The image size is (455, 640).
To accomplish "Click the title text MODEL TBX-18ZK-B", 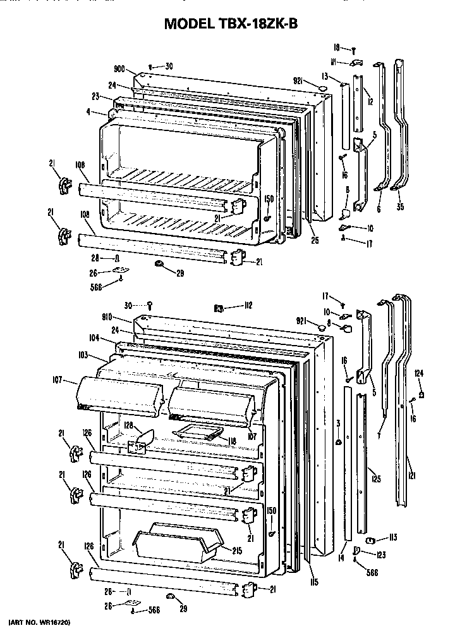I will click(x=231, y=24).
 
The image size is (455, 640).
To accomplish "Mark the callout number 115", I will click(x=314, y=582).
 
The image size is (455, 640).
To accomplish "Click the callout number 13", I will click(x=323, y=75).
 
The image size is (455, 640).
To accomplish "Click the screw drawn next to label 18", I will click(x=355, y=49).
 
